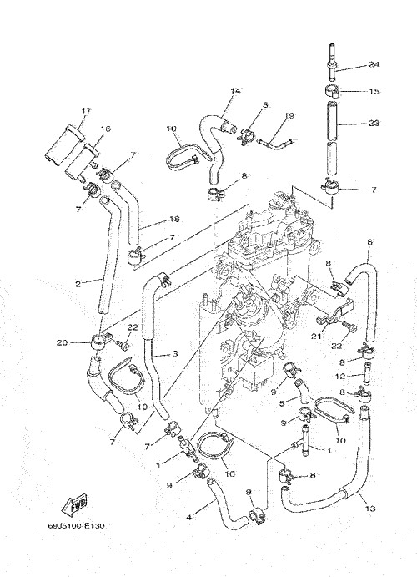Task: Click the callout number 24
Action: coord(374,65)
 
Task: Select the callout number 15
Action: coord(374,91)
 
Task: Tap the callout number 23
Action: coord(374,123)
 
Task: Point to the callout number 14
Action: coord(235,91)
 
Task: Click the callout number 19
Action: coord(289,116)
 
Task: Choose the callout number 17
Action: coord(87,110)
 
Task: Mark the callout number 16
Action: coord(105,129)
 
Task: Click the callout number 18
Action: coord(174,219)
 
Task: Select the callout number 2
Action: coord(78,284)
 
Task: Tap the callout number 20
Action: coord(62,342)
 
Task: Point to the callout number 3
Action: coord(175,354)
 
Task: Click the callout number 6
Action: coord(369,242)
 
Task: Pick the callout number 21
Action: coord(316,336)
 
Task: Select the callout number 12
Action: coord(339,377)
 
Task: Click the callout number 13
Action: coord(370,509)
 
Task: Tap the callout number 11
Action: coord(327,450)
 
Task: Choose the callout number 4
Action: coord(189,517)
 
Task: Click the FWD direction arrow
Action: coord(74,505)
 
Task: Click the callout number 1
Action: coord(158,465)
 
